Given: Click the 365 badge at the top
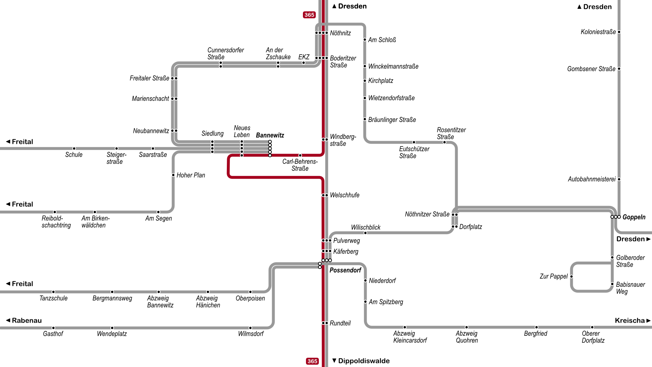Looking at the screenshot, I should click(309, 15).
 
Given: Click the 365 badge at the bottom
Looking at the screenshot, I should click(312, 361).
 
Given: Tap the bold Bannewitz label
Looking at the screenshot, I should click(270, 135).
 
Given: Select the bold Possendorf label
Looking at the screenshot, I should click(345, 270).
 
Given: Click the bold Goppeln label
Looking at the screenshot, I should click(634, 217).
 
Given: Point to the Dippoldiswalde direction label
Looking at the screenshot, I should click(363, 361).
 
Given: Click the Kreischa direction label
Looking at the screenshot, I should click(630, 320).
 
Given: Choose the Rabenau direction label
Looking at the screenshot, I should click(26, 320).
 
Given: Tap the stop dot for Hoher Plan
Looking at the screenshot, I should click(174, 175).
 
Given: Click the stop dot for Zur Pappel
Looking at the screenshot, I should click(572, 277).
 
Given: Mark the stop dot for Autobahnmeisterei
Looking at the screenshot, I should click(619, 179).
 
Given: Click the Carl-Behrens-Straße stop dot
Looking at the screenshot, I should click(300, 155).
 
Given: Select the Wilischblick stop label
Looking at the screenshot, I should click(365, 227).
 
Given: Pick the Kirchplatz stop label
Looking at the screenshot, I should click(380, 81).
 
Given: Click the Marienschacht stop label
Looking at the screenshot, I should click(150, 99).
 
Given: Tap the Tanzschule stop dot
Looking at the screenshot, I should click(53, 292).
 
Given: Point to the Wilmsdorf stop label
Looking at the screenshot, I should click(251, 334).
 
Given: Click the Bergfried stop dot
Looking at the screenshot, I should click(536, 327).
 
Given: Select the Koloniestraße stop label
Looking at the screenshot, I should click(598, 32).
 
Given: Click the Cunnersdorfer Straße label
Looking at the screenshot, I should click(225, 53).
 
